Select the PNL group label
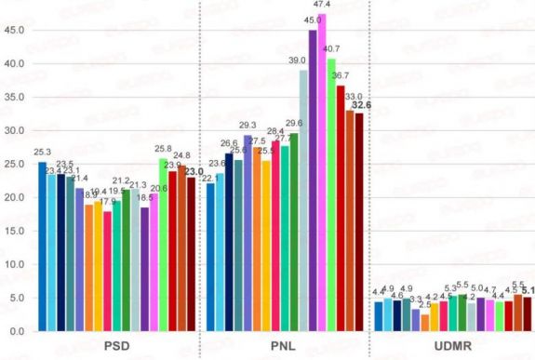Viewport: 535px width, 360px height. click(285, 346)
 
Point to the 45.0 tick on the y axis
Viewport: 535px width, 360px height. click(14, 30)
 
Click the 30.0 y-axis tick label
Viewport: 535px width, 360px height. click(14, 130)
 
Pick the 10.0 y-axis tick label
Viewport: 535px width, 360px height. click(14, 264)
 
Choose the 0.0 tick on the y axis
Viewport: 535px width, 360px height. click(17, 331)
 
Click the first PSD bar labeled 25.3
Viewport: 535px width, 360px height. click(42, 247)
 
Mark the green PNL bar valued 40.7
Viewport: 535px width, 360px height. click(331, 194)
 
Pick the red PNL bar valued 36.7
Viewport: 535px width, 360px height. click(341, 208)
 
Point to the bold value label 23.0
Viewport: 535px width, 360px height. click(194, 171)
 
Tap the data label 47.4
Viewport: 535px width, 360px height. click(322, 6)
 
